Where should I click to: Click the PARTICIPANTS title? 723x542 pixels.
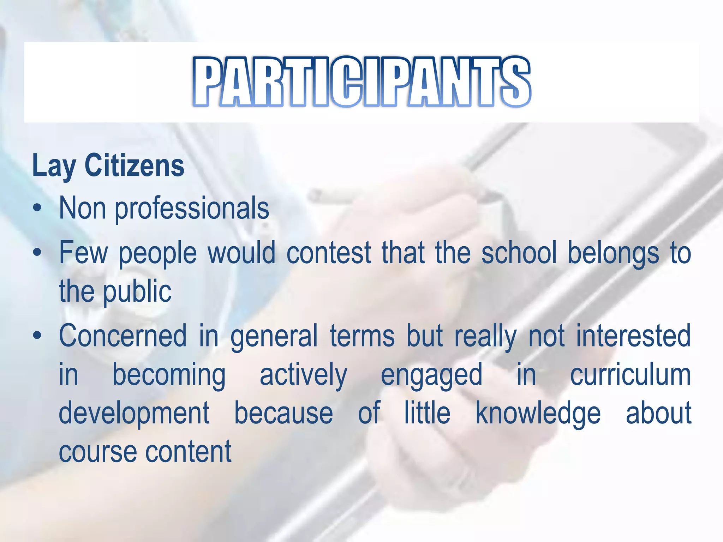click(361, 82)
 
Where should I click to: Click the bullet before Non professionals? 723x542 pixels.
click(37, 209)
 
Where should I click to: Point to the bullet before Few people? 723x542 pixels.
click(37, 253)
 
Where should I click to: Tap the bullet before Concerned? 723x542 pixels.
click(37, 336)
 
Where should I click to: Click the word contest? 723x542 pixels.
click(329, 253)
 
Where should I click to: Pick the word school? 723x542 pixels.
click(519, 253)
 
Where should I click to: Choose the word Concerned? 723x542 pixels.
click(123, 336)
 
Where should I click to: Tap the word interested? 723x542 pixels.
click(633, 336)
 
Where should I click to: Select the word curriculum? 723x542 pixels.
click(631, 375)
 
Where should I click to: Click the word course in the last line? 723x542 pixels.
click(97, 452)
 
